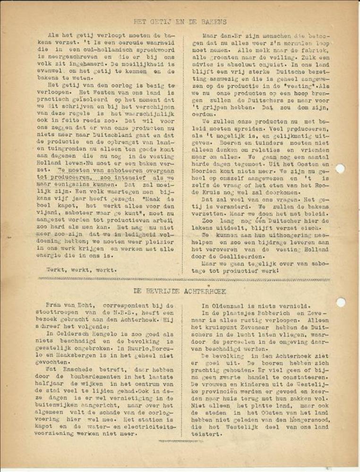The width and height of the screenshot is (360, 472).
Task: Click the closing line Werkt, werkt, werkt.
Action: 81,270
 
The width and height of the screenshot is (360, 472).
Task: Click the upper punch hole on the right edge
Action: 340,169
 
